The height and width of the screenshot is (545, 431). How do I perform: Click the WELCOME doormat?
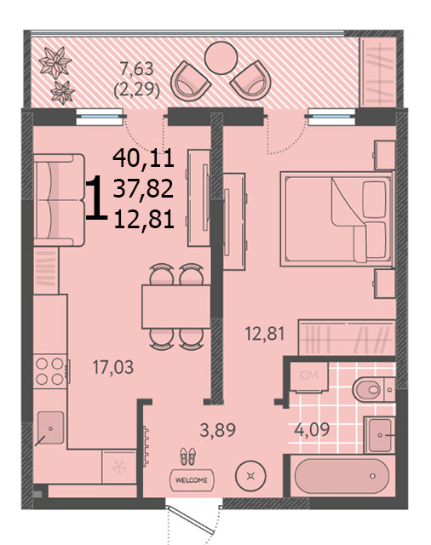(192, 480)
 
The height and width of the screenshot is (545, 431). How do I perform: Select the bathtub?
(342, 476)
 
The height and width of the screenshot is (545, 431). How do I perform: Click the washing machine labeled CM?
(309, 376)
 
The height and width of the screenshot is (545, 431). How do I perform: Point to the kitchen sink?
(51, 427)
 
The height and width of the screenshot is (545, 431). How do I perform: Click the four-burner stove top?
(51, 371)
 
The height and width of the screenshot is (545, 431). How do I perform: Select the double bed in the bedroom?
(336, 219)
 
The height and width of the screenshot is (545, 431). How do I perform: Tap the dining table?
(175, 307)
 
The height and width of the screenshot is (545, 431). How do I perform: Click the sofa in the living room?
(59, 200)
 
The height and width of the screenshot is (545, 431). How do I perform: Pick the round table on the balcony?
(221, 58)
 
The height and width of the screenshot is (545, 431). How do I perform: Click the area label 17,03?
(113, 367)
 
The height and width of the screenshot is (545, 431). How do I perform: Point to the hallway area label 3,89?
(218, 429)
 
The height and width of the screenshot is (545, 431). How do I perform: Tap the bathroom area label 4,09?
(312, 429)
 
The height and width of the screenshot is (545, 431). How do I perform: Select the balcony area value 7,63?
(136, 68)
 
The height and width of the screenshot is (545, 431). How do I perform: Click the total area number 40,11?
(144, 158)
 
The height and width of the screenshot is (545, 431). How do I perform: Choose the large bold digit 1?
(96, 198)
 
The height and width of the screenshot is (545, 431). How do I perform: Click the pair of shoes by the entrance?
(187, 456)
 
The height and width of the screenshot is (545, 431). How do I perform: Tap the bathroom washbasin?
(380, 435)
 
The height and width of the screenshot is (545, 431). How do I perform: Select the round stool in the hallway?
(250, 476)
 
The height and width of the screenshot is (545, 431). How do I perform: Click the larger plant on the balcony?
(55, 63)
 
